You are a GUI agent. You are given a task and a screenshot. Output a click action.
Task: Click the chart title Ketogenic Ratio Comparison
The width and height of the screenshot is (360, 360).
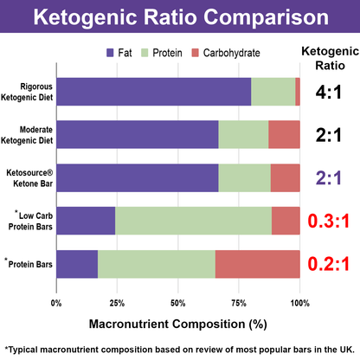point(179,17)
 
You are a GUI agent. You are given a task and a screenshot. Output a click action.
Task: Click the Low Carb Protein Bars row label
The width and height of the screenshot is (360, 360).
point(29,222)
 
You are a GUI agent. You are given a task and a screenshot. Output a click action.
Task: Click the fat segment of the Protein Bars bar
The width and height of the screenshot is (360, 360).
point(77,264)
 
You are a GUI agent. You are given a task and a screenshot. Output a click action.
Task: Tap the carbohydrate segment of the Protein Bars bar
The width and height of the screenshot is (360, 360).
point(257,264)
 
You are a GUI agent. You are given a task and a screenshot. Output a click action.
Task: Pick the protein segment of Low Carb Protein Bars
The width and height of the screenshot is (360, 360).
point(193,221)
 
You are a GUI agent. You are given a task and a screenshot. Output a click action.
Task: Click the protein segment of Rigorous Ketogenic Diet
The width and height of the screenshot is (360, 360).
point(273,91)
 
